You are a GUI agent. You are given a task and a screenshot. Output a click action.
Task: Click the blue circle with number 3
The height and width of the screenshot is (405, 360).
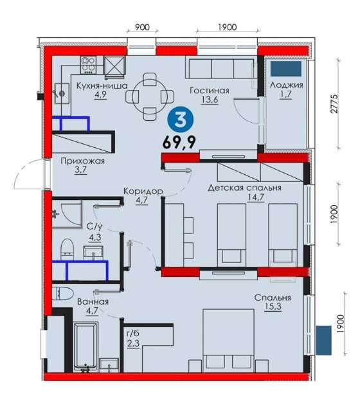tap(180, 120)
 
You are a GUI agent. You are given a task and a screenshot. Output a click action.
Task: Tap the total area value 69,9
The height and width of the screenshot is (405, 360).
tap(179, 142)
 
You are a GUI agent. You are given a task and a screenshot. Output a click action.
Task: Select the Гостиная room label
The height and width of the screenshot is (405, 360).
tap(210, 91)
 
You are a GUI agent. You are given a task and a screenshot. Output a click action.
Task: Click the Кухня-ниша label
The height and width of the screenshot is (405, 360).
tap(102, 85)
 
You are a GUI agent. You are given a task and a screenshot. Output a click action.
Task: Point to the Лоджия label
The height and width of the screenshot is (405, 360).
tap(287, 85)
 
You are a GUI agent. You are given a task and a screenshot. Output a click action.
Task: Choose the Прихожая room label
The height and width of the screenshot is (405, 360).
tap(83, 161)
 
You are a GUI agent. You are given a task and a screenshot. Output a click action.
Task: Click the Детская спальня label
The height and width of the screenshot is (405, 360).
tap(244, 188)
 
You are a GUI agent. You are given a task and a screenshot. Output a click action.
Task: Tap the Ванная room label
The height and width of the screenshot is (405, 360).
tap(93, 301)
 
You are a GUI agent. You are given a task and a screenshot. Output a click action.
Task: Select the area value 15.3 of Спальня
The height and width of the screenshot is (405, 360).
tap(273, 307)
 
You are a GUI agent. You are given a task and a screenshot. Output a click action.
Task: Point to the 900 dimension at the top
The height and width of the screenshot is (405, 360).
tap(142, 27)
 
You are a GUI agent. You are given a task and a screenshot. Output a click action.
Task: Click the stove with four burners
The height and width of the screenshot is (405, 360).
tap(88, 64)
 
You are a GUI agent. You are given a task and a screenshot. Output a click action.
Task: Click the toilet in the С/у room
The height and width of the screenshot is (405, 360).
tap(67, 249)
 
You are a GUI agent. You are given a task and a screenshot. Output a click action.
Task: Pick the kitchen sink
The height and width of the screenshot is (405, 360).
tap(62, 93)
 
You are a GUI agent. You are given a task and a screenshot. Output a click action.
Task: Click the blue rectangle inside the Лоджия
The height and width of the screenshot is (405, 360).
tap(286, 69)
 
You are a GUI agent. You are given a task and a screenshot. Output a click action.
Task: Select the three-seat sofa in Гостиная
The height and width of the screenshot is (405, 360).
tap(220, 68)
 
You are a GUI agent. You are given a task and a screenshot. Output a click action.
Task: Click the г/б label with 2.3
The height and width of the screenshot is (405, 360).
tap(132, 338)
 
